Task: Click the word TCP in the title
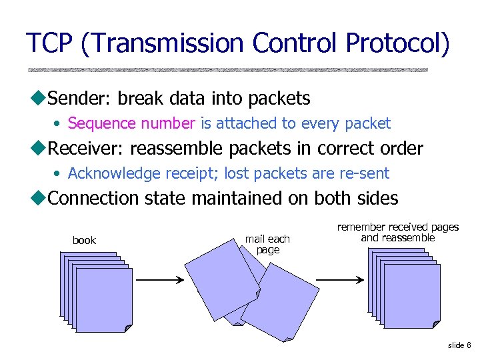[x=49, y=43]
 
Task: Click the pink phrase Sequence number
[x=131, y=123]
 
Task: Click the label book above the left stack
[x=84, y=240]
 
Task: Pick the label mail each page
[x=267, y=244]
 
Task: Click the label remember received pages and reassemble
[x=398, y=233]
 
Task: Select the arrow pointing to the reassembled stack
[x=339, y=280]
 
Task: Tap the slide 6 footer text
[x=459, y=345]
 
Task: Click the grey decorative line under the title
[x=227, y=69]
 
